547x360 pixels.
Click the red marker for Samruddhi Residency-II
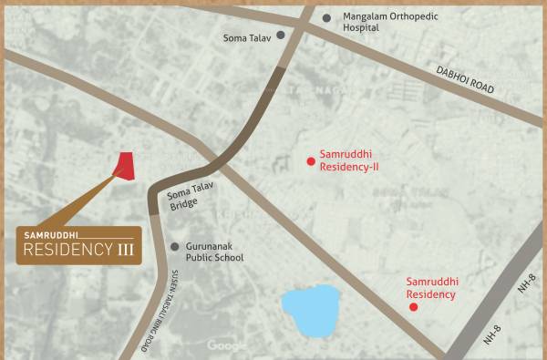tap(311, 161)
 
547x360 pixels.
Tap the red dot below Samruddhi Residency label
tap(413, 307)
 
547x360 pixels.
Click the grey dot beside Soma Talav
tap(281, 36)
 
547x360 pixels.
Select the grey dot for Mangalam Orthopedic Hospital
tap(326, 17)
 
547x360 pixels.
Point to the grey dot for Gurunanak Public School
tap(175, 246)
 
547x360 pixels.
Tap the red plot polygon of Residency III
tap(124, 165)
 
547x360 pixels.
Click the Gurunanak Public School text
tap(215, 252)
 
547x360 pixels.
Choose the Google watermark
tap(227, 345)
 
